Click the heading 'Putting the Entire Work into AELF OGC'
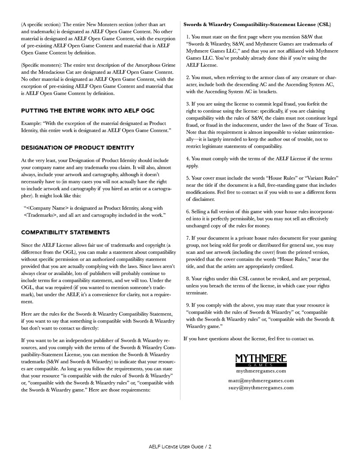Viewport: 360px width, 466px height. pos(88,110)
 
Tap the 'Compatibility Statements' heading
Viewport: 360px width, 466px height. pos(65,233)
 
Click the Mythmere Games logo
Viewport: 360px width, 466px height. pos(261,361)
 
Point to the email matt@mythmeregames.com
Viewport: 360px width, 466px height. pos(261,380)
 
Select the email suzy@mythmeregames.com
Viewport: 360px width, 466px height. pos(261,388)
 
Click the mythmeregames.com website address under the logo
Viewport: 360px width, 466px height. pos(261,371)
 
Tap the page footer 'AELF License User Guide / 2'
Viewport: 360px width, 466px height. pos(180,447)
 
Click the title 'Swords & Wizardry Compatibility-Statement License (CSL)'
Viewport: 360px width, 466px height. pos(257,24)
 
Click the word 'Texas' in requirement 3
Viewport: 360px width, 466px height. pos(330,125)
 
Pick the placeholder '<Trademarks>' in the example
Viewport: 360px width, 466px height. pos(43,215)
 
